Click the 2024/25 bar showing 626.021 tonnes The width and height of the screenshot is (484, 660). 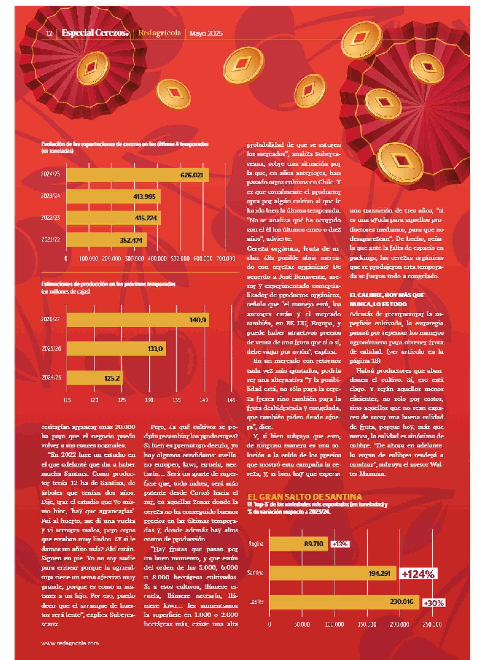coord(138,175)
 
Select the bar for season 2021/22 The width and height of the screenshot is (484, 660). coord(106,240)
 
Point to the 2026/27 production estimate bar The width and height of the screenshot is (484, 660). coord(138,320)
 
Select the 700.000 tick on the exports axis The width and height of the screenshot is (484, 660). coord(226,259)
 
